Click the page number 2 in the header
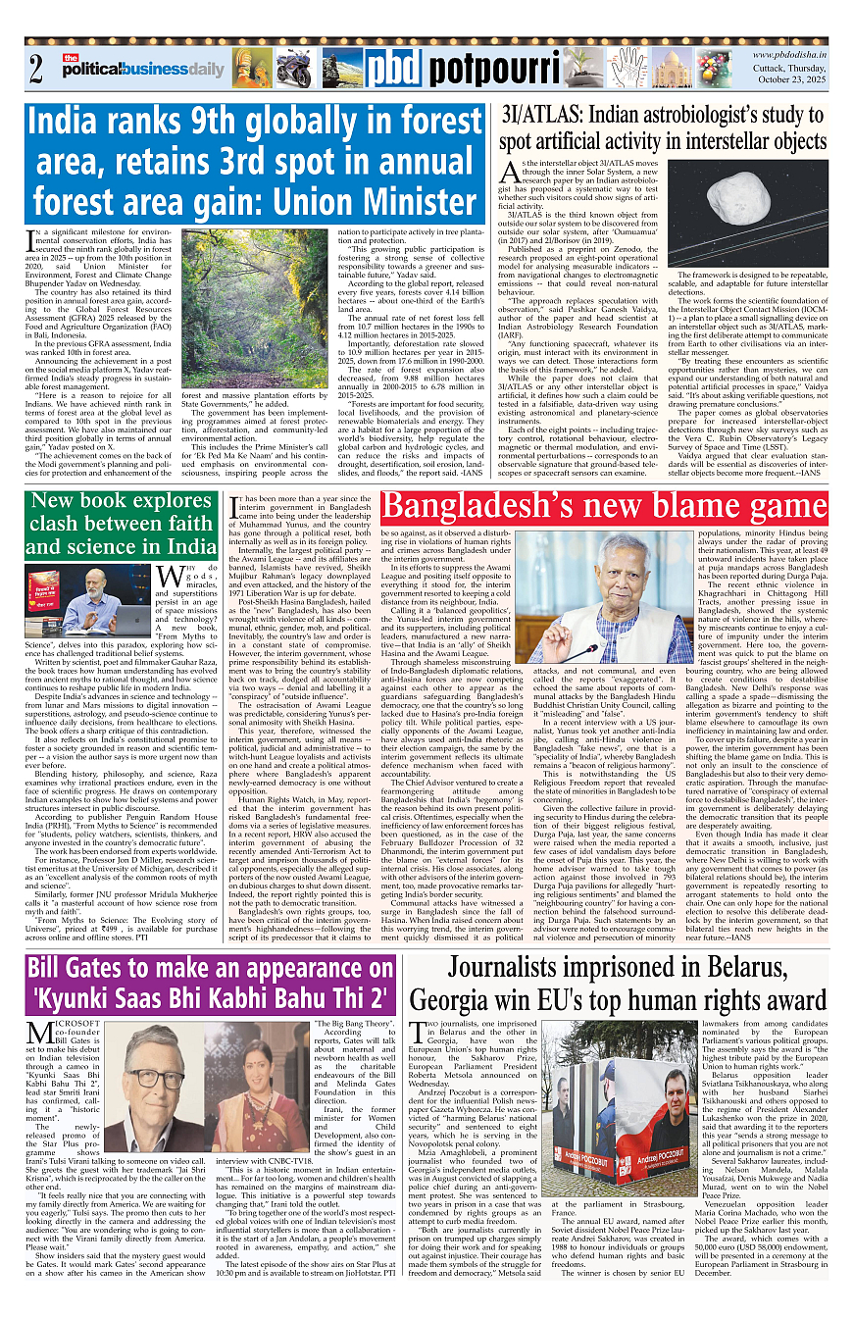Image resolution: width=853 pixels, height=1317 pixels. (36, 70)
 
